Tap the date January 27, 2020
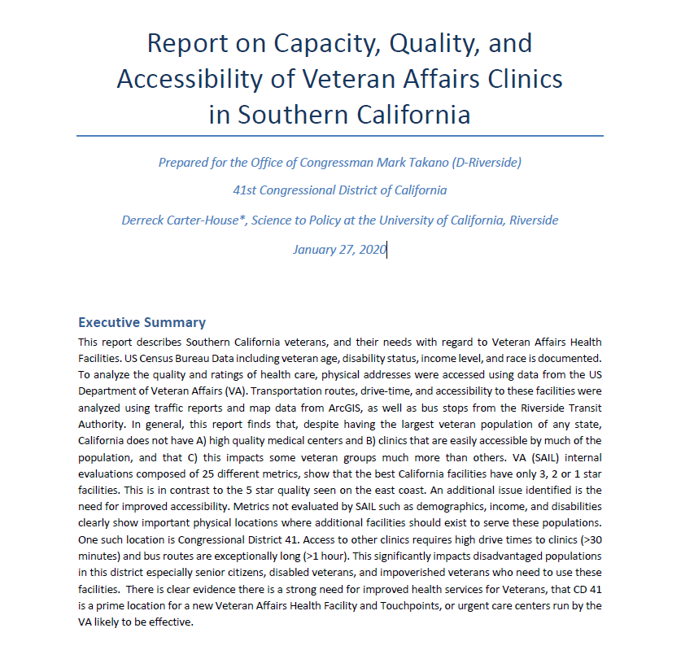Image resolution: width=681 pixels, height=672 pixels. pyautogui.click(x=339, y=249)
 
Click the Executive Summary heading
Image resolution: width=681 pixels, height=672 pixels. pyautogui.click(x=142, y=322)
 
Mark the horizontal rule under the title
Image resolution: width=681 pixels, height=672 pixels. pyautogui.click(x=340, y=136)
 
